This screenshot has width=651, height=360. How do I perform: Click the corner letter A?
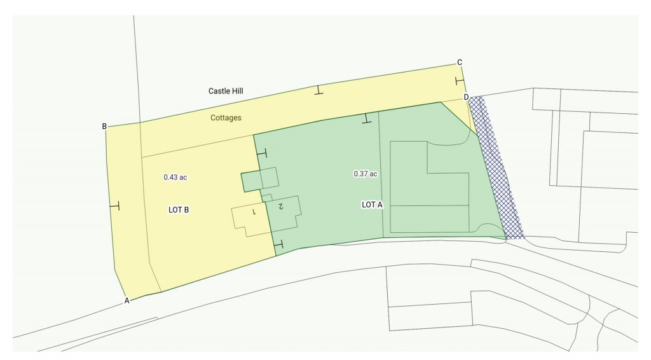[x=127, y=300]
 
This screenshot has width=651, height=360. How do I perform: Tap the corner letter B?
[x=104, y=126]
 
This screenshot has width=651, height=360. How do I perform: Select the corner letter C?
[x=459, y=62]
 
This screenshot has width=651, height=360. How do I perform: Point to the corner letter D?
[x=466, y=97]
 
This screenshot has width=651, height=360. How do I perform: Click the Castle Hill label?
[x=226, y=92]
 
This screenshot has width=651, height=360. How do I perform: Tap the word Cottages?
[x=226, y=118]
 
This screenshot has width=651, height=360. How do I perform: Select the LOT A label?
[x=372, y=205]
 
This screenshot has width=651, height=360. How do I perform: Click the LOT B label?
[x=179, y=210]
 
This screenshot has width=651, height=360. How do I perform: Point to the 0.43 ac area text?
[x=175, y=177]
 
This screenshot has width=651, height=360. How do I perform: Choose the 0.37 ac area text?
[x=366, y=174]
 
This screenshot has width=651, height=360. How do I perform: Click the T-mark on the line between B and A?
[x=114, y=205]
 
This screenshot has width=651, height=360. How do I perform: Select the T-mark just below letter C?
[x=460, y=81]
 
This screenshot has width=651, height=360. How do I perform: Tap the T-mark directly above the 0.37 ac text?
[x=366, y=118]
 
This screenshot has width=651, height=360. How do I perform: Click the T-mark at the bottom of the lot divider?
[x=278, y=244]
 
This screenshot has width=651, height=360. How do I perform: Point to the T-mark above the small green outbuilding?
[x=261, y=153]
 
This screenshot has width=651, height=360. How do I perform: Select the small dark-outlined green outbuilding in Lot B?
[x=252, y=182]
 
